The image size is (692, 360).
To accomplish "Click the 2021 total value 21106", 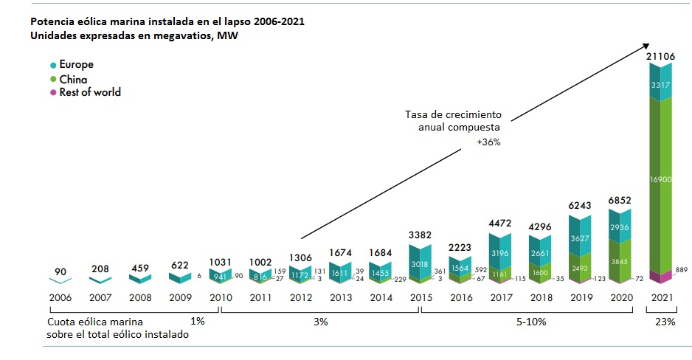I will [x=661, y=57].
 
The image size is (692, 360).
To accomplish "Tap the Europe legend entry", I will [x=76, y=65].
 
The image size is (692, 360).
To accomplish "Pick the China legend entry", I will [x=72, y=79].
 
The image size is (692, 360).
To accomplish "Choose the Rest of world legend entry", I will [x=90, y=93].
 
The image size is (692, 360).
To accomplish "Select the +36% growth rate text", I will [x=488, y=142].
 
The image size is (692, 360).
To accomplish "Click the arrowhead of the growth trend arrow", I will [x=650, y=44].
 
